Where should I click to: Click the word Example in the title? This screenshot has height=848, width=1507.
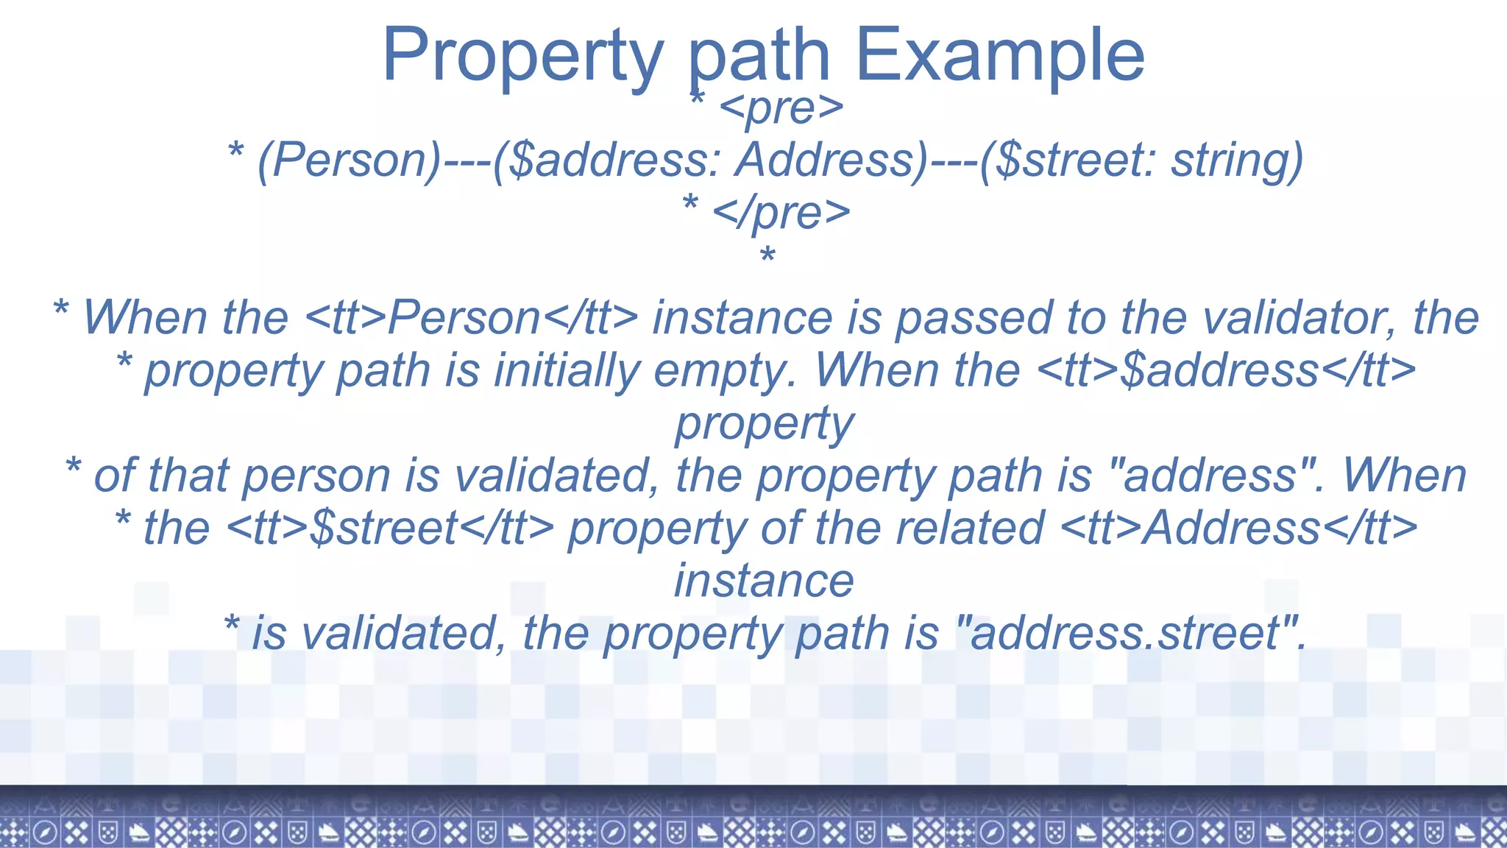coord(999,55)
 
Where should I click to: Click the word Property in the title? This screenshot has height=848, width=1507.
coord(522,55)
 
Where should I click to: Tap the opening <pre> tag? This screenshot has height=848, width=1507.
coord(781,107)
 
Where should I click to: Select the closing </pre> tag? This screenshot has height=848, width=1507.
coord(781,212)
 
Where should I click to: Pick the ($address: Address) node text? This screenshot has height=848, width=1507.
coord(710,160)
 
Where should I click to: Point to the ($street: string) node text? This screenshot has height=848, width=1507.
coord(1141,160)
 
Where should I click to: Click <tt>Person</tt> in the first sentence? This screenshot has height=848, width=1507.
coord(471,318)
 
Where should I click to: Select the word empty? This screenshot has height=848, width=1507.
coord(725,370)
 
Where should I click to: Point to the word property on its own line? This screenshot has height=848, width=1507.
coord(765,423)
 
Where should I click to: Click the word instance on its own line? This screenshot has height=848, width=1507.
coord(765,581)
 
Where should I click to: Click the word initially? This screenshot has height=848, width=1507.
coord(567,370)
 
